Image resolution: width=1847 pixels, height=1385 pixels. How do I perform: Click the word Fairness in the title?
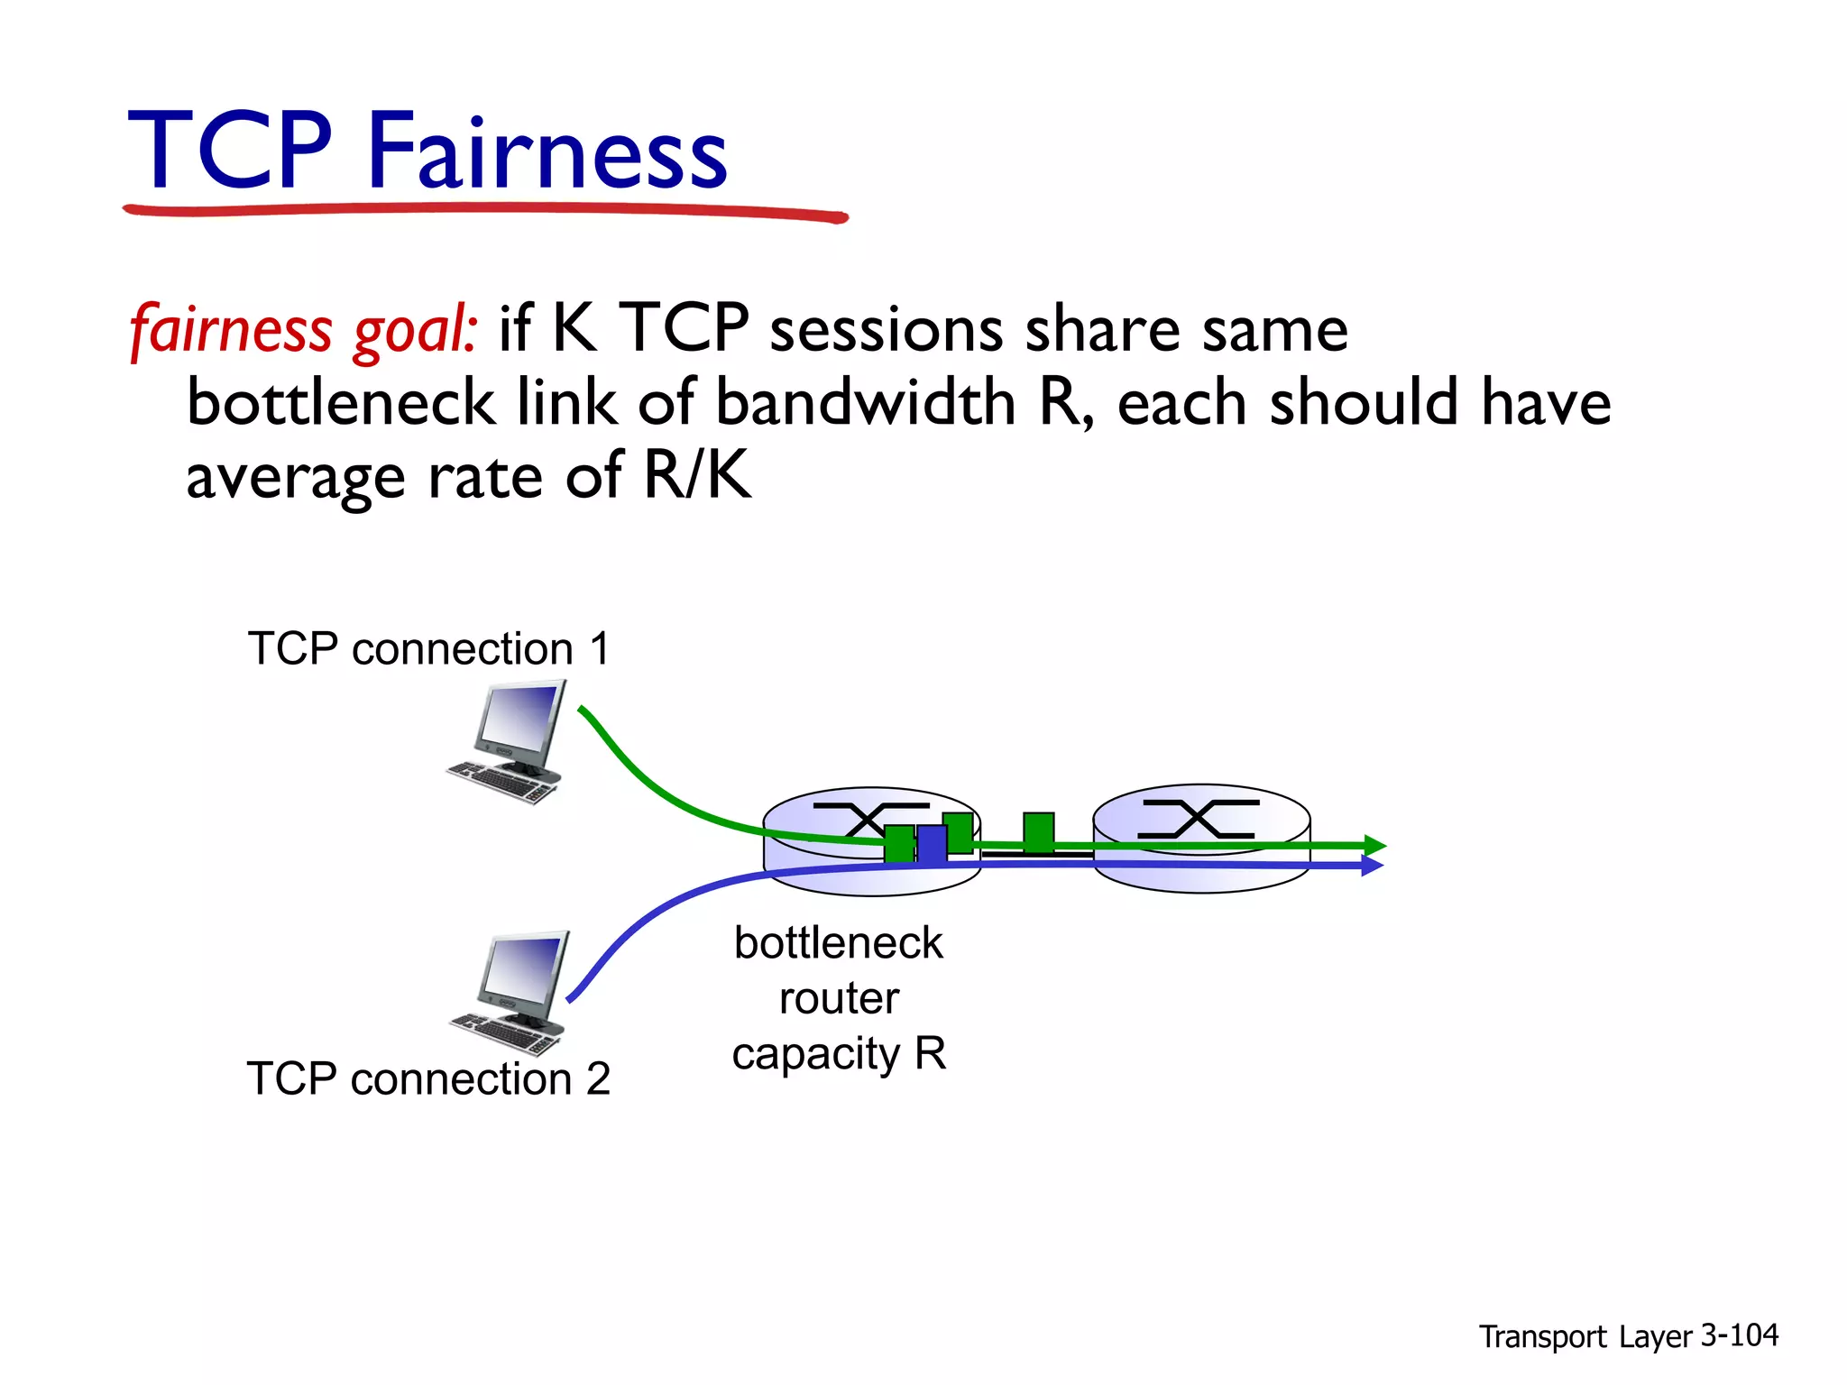click(x=547, y=151)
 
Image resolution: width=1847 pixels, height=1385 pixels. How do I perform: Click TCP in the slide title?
click(x=230, y=151)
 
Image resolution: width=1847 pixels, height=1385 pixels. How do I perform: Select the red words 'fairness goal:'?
click(x=303, y=329)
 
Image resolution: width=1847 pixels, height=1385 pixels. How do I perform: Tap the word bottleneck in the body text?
click(x=341, y=403)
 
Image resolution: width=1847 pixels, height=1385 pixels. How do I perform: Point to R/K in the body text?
click(x=696, y=475)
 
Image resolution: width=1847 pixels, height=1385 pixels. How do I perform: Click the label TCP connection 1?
click(x=428, y=649)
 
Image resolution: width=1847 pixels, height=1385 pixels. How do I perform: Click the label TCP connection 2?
click(x=428, y=1079)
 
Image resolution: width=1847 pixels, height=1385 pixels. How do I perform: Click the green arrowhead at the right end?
click(x=1374, y=846)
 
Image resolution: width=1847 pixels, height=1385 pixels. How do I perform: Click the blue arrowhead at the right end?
click(x=1371, y=866)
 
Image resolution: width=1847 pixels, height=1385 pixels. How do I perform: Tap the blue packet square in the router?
click(x=932, y=845)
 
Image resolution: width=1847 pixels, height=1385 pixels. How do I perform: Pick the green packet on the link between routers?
click(x=1038, y=831)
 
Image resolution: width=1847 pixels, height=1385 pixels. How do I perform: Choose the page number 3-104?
click(x=1739, y=1335)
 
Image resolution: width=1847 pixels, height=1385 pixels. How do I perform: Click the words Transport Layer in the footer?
click(x=1585, y=1337)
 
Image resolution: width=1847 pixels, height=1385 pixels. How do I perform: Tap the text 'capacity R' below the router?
click(x=839, y=1054)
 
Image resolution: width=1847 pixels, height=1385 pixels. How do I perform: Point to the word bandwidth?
click(x=866, y=403)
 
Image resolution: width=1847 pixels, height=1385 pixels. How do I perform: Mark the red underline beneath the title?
click(x=485, y=211)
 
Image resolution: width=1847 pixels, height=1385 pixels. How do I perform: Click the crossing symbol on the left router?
click(x=869, y=819)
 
